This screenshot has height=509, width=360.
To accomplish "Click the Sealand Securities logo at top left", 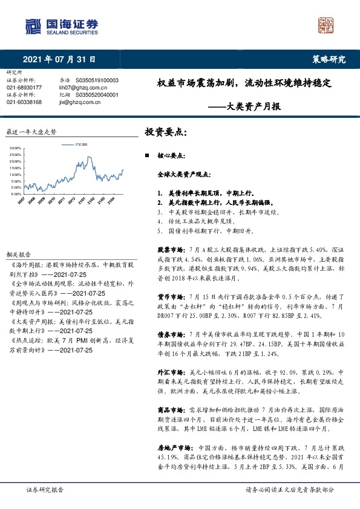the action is tap(61, 25).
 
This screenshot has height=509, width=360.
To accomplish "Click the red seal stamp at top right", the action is tap(327, 25).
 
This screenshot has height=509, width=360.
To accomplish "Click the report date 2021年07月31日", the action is tap(59, 59).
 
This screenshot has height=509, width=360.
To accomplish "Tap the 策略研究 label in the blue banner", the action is tap(329, 59).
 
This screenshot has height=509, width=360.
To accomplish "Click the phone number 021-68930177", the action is tap(24, 88).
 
